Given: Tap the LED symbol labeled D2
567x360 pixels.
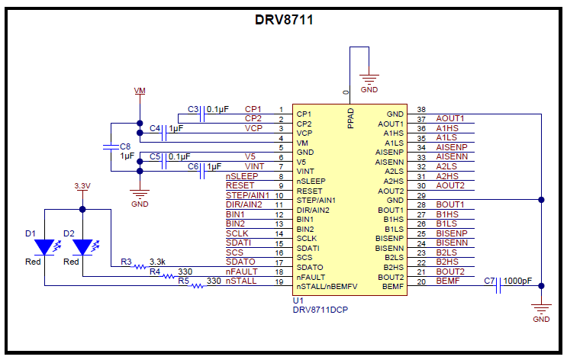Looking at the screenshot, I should [82, 247].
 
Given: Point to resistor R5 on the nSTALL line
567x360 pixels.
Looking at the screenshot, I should [196, 286].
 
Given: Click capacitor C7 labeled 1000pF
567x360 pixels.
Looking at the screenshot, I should [498, 286].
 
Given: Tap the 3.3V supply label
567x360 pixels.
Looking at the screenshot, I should [82, 185].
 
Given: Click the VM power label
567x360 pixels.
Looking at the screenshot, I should [140, 90].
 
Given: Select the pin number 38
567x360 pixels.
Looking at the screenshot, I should [420, 110].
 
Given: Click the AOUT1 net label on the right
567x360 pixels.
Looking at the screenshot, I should [450, 119].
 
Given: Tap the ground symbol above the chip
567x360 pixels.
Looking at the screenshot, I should [369, 79].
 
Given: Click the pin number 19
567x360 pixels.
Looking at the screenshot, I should [281, 282].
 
